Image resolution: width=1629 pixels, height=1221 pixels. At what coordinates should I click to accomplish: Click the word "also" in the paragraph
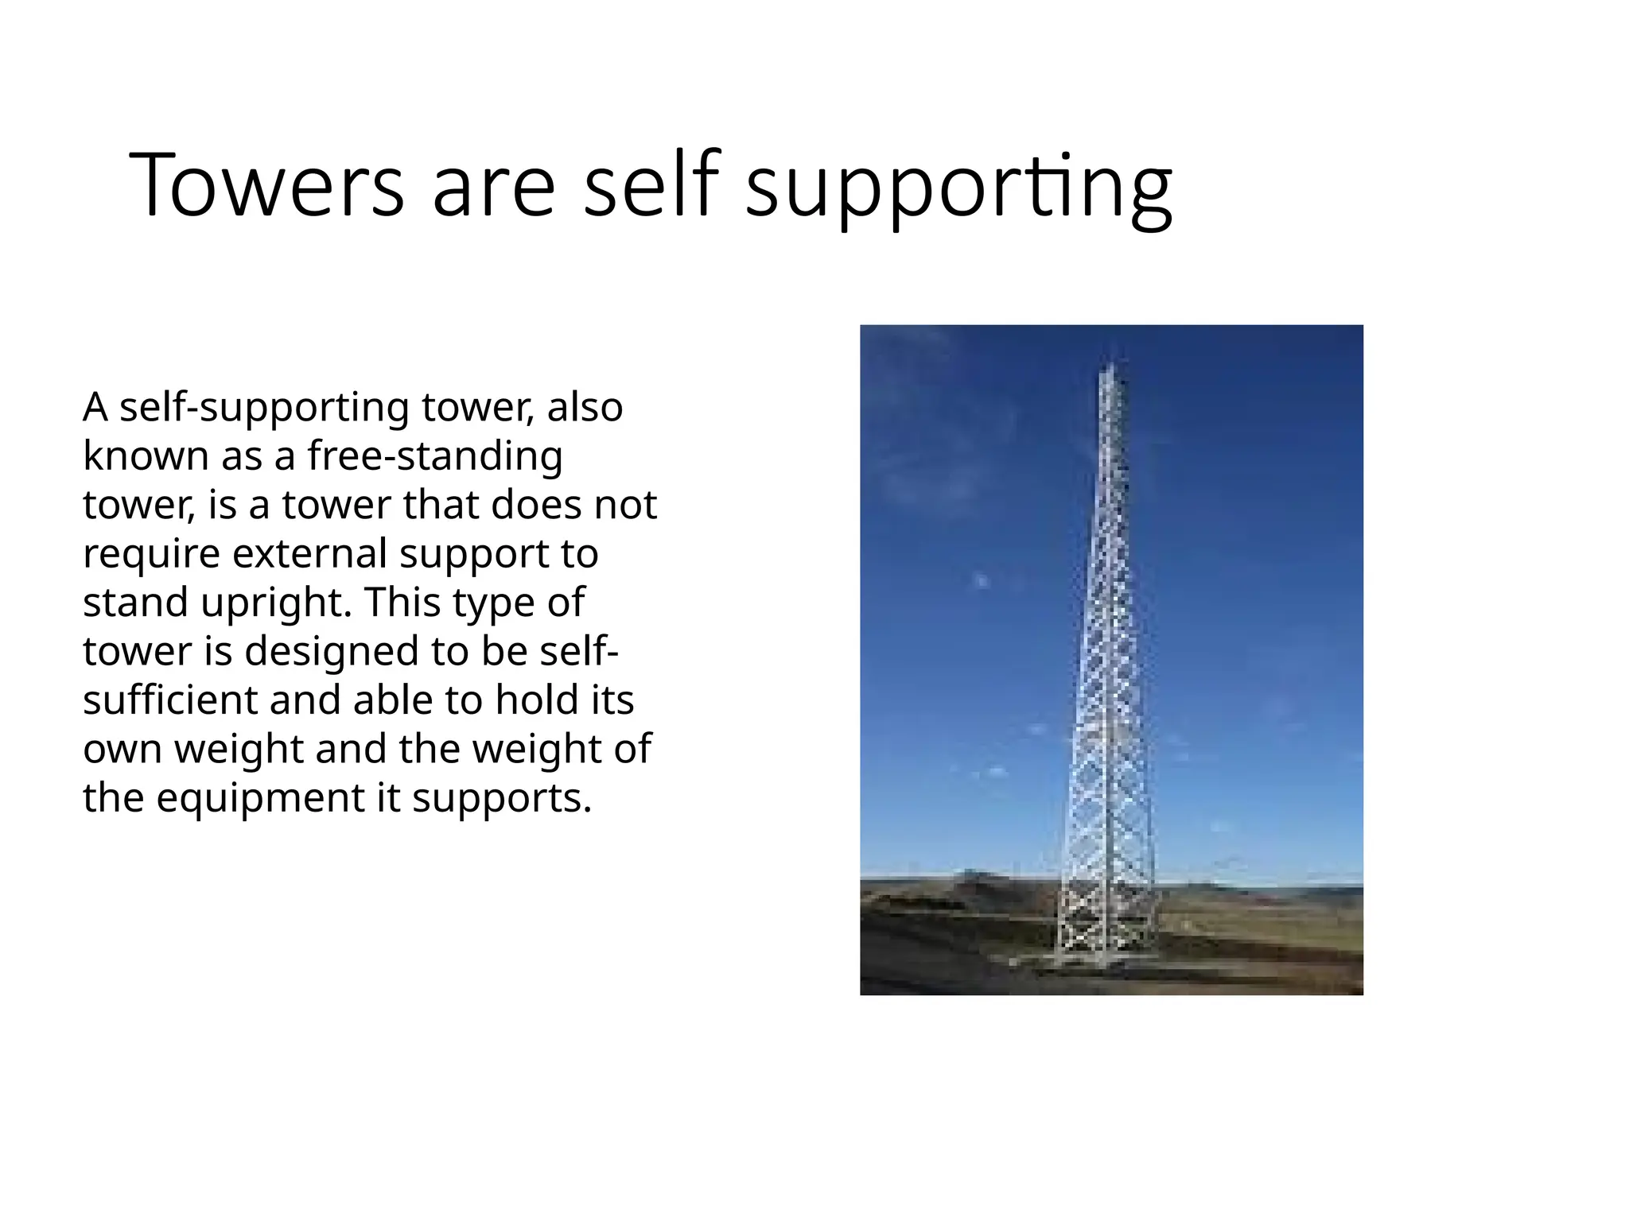pyautogui.click(x=585, y=407)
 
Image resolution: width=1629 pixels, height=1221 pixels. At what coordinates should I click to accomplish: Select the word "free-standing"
pyautogui.click(x=435, y=456)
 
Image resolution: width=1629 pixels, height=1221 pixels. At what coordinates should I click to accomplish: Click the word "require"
pyautogui.click(x=151, y=554)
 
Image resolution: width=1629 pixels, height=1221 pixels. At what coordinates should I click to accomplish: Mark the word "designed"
pyautogui.click(x=332, y=652)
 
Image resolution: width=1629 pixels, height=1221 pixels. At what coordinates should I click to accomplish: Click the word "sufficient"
pyautogui.click(x=170, y=700)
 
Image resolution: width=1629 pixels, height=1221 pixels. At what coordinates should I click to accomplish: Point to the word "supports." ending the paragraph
pyautogui.click(x=502, y=799)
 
